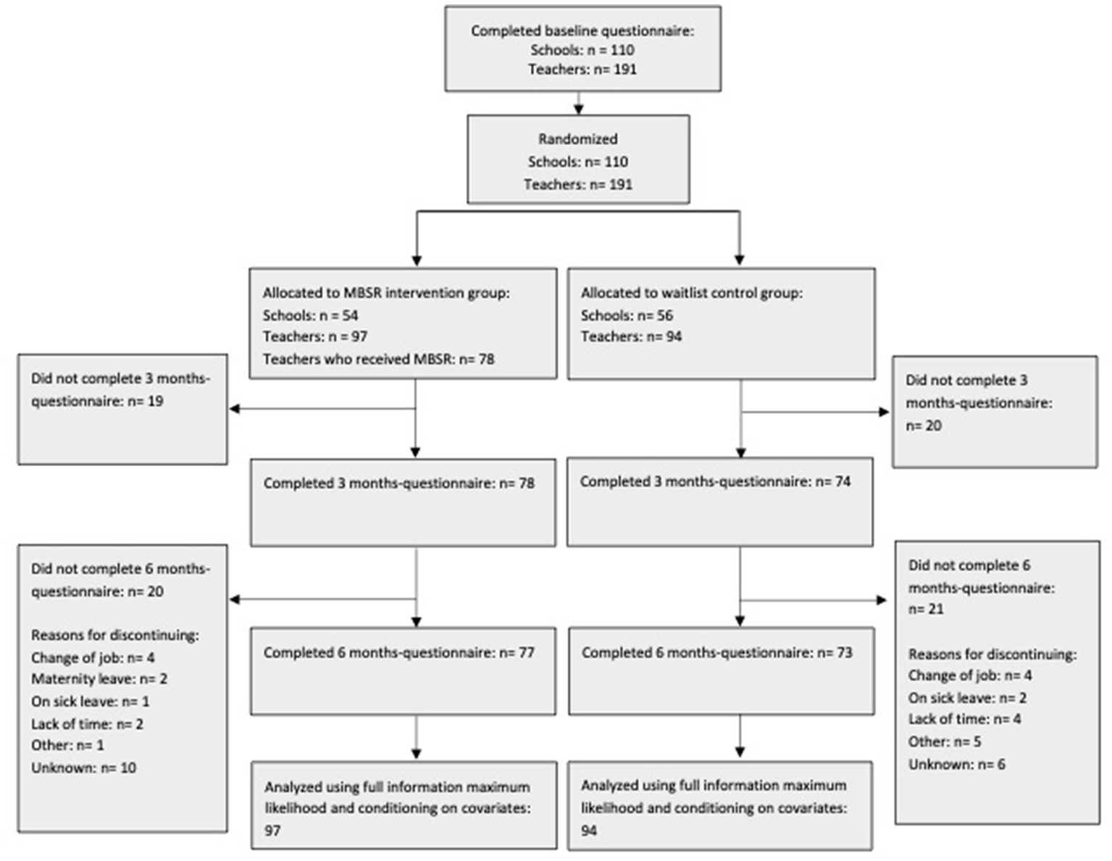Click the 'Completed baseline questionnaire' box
pyautogui.click(x=582, y=49)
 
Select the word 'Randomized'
pyautogui.click(x=577, y=139)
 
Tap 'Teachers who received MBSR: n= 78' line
pyautogui.click(x=378, y=359)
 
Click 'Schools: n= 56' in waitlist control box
pyautogui.click(x=627, y=315)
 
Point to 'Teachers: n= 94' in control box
pyautogui.click(x=631, y=336)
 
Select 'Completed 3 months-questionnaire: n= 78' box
pyautogui.click(x=403, y=502)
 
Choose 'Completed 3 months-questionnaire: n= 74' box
pyautogui.click(x=719, y=501)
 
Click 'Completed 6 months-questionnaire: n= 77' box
pyautogui.click(x=403, y=670)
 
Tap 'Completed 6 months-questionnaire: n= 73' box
pyautogui.click(x=721, y=670)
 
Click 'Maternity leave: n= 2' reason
pyautogui.click(x=99, y=679)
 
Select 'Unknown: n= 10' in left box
pyautogui.click(x=83, y=768)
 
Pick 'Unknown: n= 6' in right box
pyautogui.click(x=956, y=764)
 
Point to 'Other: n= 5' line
pyautogui.click(x=945, y=741)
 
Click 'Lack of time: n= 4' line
pyautogui.click(x=964, y=719)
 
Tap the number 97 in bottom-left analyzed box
pyautogui.click(x=272, y=831)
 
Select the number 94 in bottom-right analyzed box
pyautogui.click(x=589, y=831)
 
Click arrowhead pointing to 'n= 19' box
pyautogui.click(x=235, y=409)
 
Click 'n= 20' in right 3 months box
pyautogui.click(x=924, y=425)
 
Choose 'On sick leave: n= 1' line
pyautogui.click(x=90, y=702)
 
